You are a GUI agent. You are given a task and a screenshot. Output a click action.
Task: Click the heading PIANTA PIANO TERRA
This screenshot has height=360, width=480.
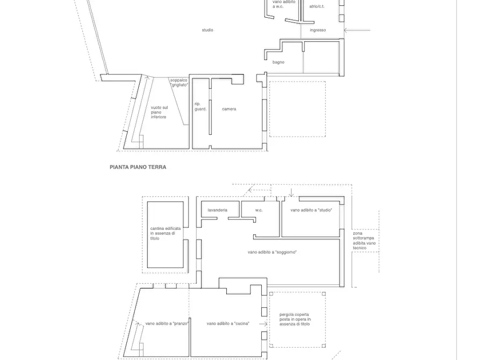click(x=138, y=167)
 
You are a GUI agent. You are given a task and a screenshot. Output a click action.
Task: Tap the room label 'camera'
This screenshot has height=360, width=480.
click(x=229, y=109)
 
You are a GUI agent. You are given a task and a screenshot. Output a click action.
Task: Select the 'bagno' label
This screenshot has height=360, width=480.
click(x=278, y=62)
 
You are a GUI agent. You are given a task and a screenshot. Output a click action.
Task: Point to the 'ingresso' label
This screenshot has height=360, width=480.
click(x=318, y=30)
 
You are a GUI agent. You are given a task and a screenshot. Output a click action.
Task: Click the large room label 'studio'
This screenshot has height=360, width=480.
click(x=207, y=30)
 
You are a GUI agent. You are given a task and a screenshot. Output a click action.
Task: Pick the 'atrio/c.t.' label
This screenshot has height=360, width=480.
click(x=317, y=6)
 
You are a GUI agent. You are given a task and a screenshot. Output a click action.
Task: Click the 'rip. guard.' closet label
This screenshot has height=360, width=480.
click(x=200, y=106)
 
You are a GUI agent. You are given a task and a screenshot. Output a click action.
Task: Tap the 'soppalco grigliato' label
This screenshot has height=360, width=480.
click(x=179, y=83)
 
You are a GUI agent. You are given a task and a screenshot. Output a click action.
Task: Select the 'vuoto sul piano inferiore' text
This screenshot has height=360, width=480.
click(x=159, y=112)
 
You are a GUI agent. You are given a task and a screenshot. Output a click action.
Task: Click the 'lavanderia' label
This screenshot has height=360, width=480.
click(x=217, y=210)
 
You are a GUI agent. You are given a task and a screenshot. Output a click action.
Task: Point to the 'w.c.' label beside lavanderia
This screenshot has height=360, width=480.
click(x=259, y=210)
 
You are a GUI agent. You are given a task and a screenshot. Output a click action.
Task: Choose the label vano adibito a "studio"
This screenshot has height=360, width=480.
click(x=311, y=210)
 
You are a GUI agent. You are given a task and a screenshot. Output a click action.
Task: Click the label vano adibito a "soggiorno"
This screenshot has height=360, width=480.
click(x=272, y=252)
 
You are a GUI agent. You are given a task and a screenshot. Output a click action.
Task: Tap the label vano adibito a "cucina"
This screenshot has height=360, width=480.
click(x=228, y=323)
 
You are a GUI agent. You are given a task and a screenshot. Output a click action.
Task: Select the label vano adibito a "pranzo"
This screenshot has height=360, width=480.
click(x=167, y=323)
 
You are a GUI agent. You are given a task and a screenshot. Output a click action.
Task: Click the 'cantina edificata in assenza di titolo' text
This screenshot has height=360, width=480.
click(x=166, y=233)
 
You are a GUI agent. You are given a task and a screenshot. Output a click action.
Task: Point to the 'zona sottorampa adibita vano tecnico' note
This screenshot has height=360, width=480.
click(x=364, y=241)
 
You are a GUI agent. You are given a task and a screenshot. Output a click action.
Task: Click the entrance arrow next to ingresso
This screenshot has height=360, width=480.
click(x=357, y=30)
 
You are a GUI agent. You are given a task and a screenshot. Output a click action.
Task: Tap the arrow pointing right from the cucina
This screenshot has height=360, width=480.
click(x=263, y=324)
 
